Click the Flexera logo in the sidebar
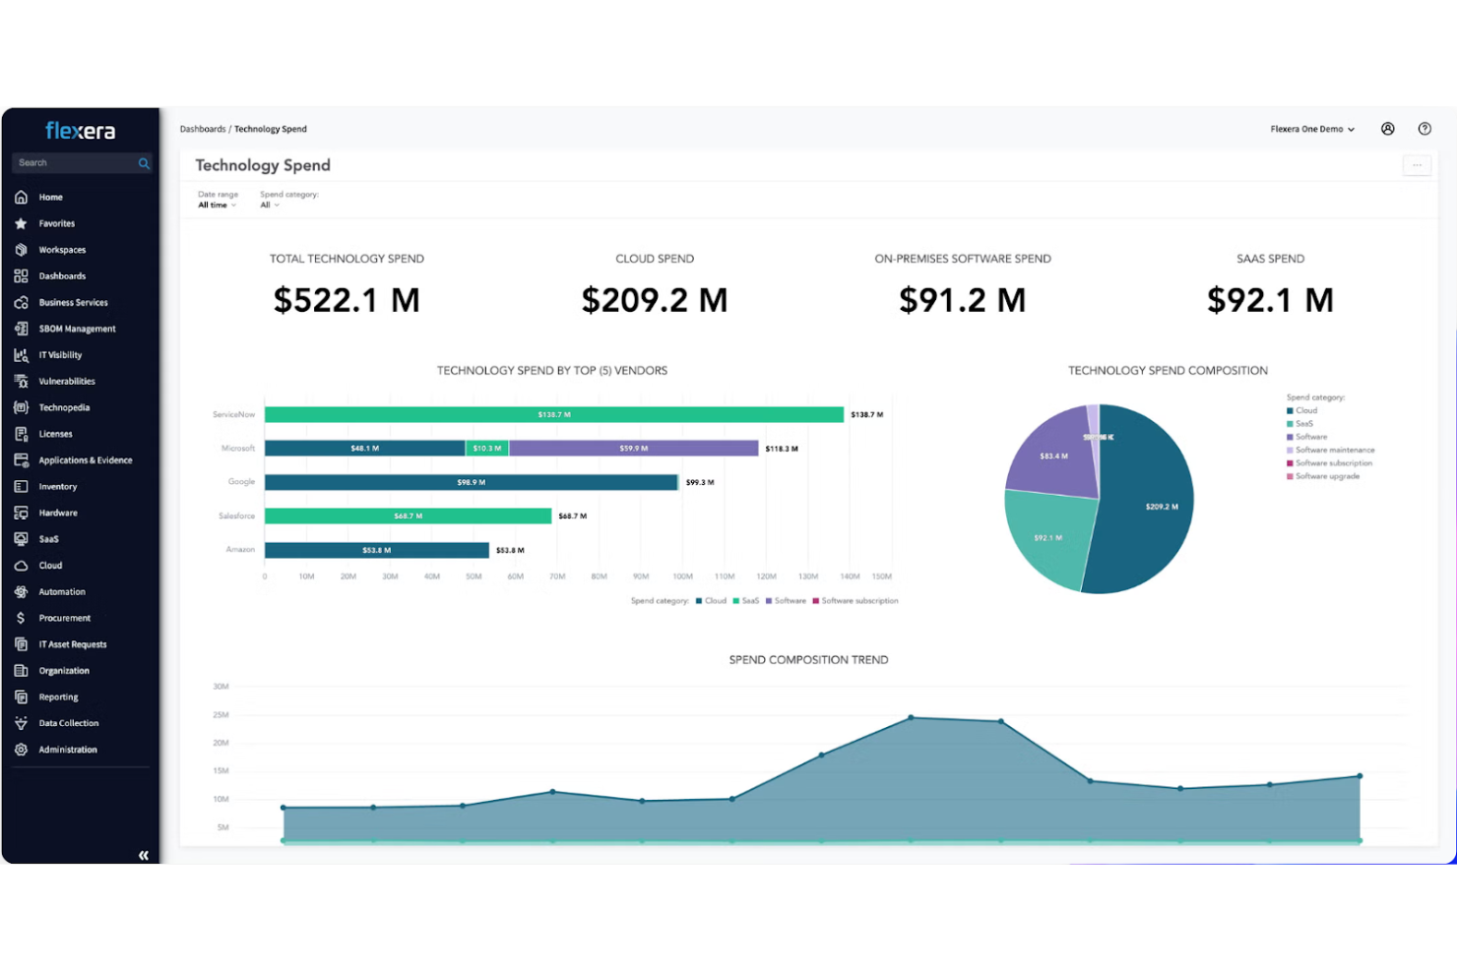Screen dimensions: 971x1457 pyautogui.click(x=80, y=131)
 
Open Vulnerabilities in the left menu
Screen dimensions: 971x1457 pyautogui.click(x=66, y=382)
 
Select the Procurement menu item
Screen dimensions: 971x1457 pyautogui.click(x=64, y=618)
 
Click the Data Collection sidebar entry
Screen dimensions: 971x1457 pyautogui.click(x=68, y=723)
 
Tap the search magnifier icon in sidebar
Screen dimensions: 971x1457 pyautogui.click(x=144, y=163)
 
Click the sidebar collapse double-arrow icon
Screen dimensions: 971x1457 pyautogui.click(x=144, y=855)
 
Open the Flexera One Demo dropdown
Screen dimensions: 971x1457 pyautogui.click(x=1312, y=129)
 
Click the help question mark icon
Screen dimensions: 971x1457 pyautogui.click(x=1424, y=129)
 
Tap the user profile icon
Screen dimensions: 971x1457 pyautogui.click(x=1387, y=129)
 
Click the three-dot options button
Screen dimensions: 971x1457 pyautogui.click(x=1416, y=165)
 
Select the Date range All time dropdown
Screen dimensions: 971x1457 pyautogui.click(x=217, y=205)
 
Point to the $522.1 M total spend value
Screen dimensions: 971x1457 pyautogui.click(x=347, y=300)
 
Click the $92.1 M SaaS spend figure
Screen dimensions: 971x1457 pyautogui.click(x=1270, y=300)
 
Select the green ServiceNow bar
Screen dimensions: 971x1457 pyautogui.click(x=553, y=415)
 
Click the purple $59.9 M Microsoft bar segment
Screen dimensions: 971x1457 pyautogui.click(x=633, y=449)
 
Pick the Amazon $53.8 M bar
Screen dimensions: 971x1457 pyautogui.click(x=376, y=550)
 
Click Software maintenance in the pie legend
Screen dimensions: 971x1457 pyautogui.click(x=1334, y=451)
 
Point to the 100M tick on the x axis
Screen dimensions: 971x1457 pyautogui.click(x=682, y=577)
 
